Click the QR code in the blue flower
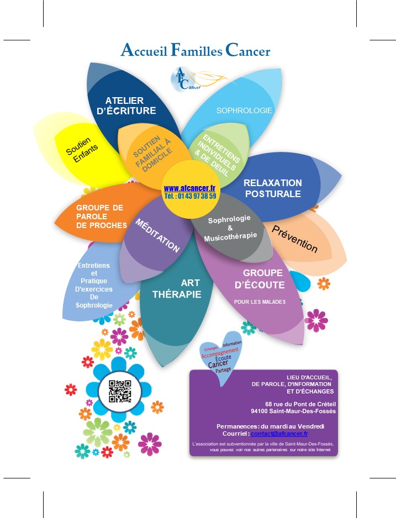point(120,392)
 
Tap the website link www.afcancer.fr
point(189,188)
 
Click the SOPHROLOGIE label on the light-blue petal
point(244,110)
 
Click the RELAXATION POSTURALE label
point(273,188)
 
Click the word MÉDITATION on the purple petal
point(158,236)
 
